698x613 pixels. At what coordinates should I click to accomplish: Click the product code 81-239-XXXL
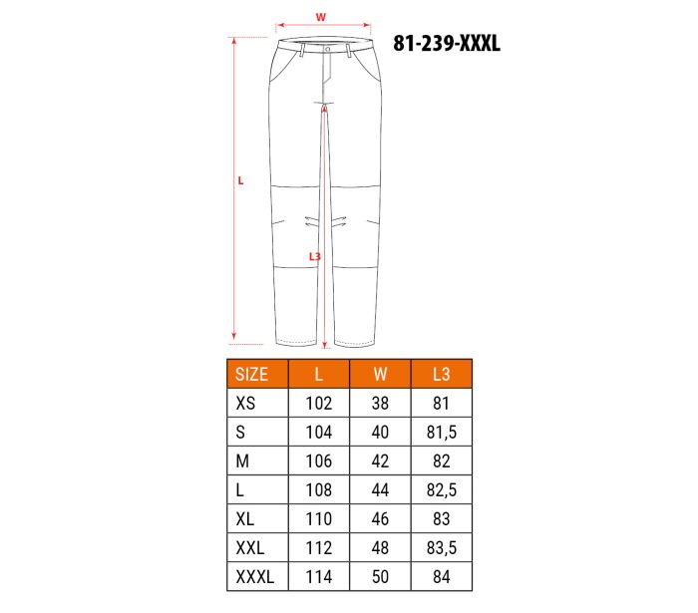(x=447, y=44)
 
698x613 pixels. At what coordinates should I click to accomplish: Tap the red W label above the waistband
(x=320, y=17)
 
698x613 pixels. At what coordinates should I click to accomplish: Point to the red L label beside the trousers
(x=240, y=180)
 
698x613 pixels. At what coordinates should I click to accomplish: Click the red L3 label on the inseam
(x=315, y=257)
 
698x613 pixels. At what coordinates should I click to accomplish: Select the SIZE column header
(x=251, y=374)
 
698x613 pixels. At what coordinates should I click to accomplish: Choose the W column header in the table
(x=380, y=374)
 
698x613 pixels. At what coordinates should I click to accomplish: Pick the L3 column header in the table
(x=441, y=374)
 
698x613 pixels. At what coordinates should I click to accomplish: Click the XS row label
(x=245, y=403)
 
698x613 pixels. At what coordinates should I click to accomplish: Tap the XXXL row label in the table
(x=255, y=577)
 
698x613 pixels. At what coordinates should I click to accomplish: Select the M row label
(x=242, y=460)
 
